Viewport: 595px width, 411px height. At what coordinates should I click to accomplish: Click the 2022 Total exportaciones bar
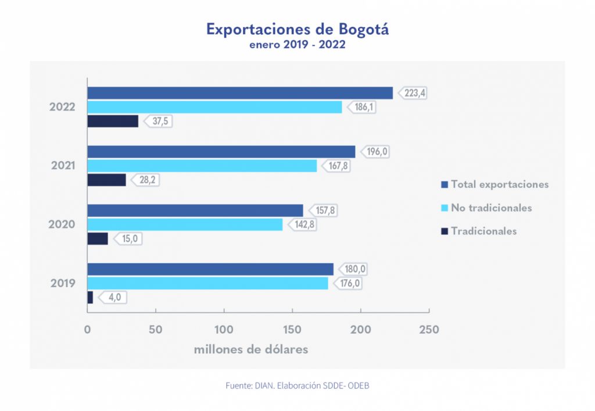(239, 93)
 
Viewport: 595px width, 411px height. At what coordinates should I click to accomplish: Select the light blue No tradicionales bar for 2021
(202, 166)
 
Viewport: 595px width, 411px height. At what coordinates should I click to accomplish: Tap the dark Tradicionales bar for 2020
(98, 238)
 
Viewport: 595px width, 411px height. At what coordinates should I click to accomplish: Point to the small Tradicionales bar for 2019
(90, 298)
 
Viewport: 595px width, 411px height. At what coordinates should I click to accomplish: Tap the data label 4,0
(113, 298)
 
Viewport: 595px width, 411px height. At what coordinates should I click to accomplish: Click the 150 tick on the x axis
(292, 330)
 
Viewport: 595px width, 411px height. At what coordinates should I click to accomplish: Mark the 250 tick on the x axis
(429, 330)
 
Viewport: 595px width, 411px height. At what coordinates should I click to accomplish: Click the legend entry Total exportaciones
(500, 184)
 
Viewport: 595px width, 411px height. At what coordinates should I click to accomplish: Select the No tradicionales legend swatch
(445, 208)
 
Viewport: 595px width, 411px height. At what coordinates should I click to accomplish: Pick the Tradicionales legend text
(483, 231)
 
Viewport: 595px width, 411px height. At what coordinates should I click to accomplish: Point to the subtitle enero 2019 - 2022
(297, 45)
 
